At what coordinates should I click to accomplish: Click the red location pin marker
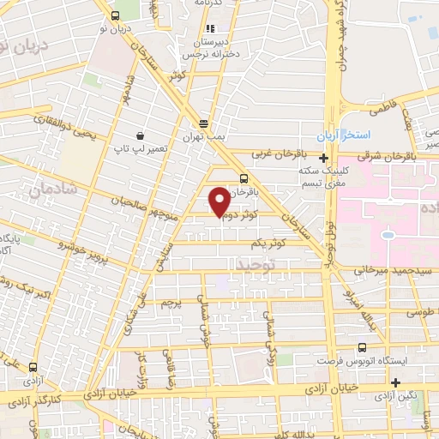(x=219, y=201)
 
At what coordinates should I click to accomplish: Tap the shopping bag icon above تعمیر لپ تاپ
(x=140, y=135)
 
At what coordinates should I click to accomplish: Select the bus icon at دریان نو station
(x=116, y=15)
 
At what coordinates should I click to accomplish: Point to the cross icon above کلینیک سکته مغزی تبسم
(x=322, y=158)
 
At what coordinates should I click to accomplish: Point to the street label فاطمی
(x=380, y=110)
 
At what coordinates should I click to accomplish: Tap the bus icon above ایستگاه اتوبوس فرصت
(x=361, y=347)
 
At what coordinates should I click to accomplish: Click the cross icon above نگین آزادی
(x=395, y=382)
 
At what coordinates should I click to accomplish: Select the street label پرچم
(x=171, y=304)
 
